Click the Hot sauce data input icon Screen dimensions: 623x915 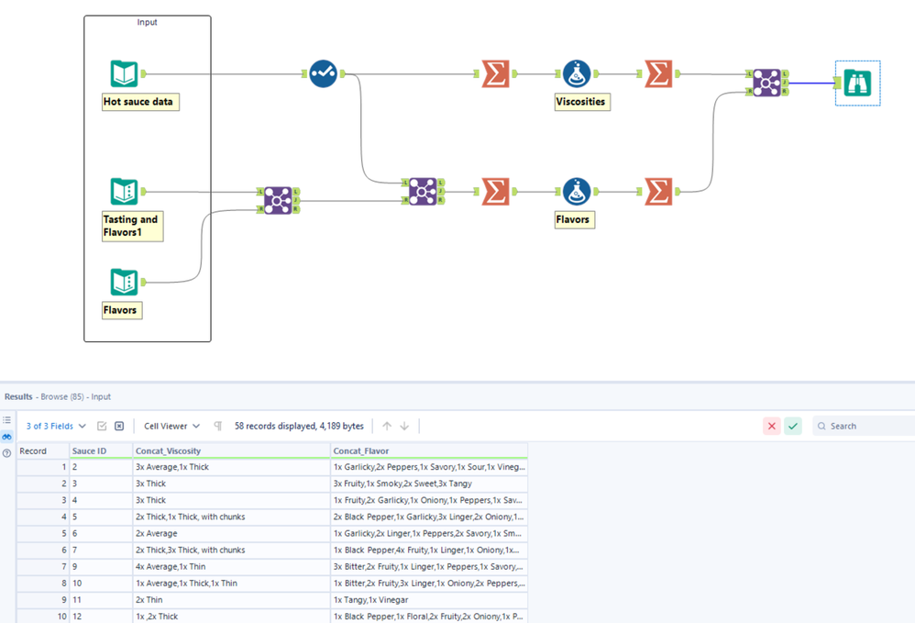pos(124,73)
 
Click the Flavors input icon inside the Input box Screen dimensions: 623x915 pos(124,282)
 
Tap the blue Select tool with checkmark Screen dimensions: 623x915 pos(323,73)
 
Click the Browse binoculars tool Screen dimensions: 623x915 pos(857,83)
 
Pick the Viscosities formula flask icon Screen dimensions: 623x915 pos(577,73)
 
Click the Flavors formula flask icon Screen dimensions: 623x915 pos(577,192)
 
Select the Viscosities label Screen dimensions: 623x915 pos(581,102)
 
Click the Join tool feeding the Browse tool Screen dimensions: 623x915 pos(766,83)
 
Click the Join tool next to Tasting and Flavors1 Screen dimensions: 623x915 pos(278,200)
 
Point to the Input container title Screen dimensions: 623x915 pos(148,22)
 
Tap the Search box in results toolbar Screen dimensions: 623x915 pos(866,426)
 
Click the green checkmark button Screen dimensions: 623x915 pos(793,426)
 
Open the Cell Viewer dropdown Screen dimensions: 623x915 pos(171,426)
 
